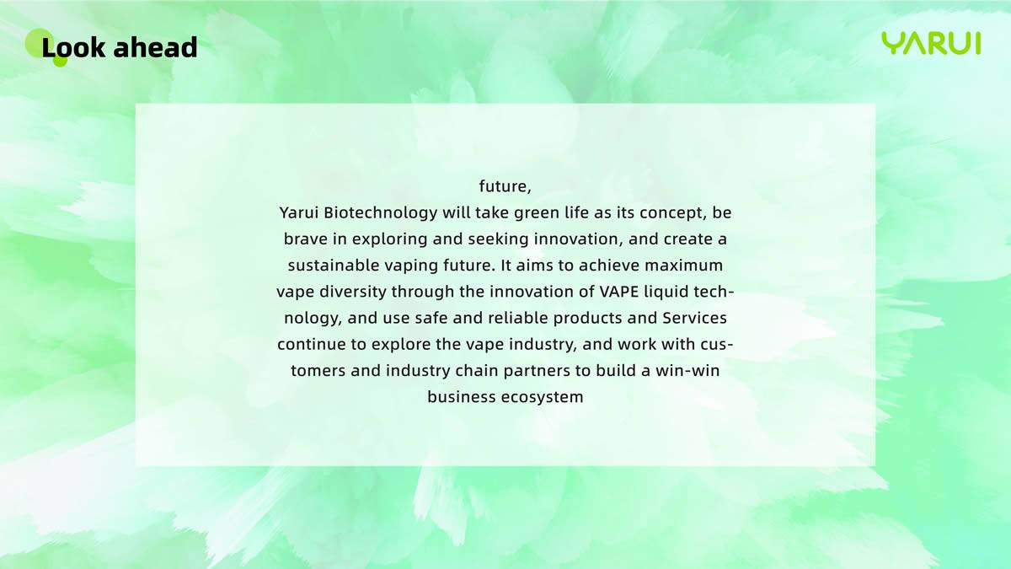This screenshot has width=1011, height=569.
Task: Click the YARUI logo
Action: click(931, 43)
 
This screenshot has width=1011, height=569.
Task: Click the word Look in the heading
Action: click(73, 46)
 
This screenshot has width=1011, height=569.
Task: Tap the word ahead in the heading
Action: click(155, 46)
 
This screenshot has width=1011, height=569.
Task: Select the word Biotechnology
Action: click(381, 213)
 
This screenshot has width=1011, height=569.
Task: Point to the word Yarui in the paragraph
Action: click(299, 213)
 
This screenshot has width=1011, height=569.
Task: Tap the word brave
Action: click(306, 239)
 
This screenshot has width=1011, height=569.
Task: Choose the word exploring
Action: click(389, 239)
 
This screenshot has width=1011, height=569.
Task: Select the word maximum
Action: click(684, 266)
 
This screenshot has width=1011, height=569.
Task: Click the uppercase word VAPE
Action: click(619, 292)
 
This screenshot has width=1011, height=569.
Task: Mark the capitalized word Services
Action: click(694, 318)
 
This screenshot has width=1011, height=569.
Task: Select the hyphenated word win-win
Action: click(687, 371)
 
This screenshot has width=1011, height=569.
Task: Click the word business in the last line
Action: click(462, 397)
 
